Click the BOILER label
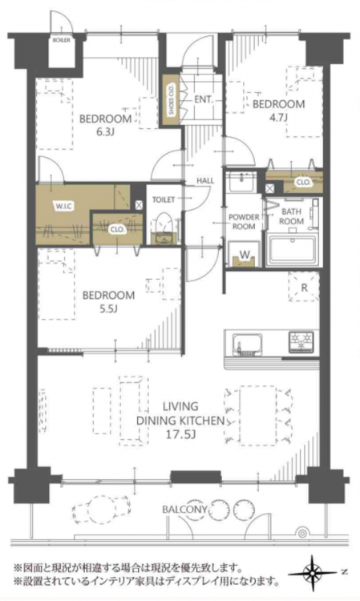[62, 40]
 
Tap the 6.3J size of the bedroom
[105, 132]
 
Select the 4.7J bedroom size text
[278, 117]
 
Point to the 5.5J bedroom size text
[108, 309]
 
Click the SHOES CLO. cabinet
[170, 100]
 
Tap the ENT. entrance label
[203, 99]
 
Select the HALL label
[205, 180]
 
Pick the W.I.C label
[64, 207]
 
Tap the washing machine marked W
[244, 255]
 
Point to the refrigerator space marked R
[304, 288]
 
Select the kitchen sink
[248, 344]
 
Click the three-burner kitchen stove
[301, 341]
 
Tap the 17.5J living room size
[180, 434]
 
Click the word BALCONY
[184, 510]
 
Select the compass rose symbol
[313, 573]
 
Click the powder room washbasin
[242, 182]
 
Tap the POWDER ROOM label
[244, 221]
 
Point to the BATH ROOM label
[291, 216]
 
